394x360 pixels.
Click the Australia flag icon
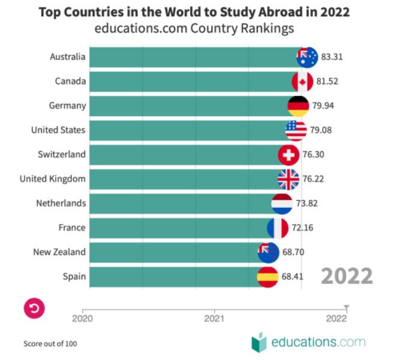click(x=307, y=57)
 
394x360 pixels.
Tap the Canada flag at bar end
click(x=302, y=81)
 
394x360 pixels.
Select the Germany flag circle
click(x=299, y=106)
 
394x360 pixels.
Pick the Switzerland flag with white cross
click(x=288, y=155)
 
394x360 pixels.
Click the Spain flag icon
click(x=267, y=277)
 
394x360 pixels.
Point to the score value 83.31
click(x=332, y=58)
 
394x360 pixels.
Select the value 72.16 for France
click(x=302, y=228)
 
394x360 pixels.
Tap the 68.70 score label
click(x=293, y=252)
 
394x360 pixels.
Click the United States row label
click(x=58, y=130)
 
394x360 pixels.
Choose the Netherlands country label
click(x=61, y=203)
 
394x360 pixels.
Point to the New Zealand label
click(x=59, y=252)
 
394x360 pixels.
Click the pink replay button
click(x=34, y=308)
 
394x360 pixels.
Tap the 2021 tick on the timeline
click(x=215, y=319)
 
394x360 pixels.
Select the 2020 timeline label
click(x=83, y=319)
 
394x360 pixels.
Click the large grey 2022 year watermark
click(x=346, y=276)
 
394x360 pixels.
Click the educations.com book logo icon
click(x=258, y=342)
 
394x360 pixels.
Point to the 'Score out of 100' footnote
click(x=50, y=344)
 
